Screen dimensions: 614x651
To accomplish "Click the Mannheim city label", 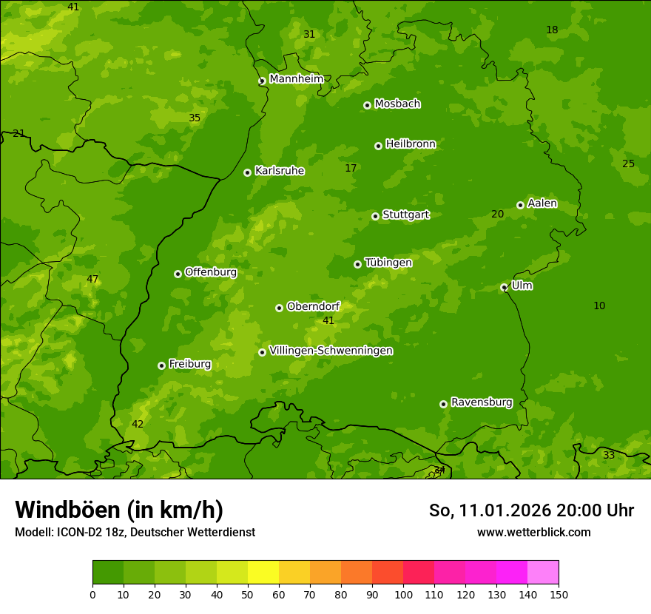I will tap(296, 79).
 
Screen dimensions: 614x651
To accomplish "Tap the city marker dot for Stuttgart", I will tap(375, 216).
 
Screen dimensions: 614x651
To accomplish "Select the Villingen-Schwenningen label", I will tap(331, 351).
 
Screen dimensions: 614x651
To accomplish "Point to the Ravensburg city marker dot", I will tap(443, 404).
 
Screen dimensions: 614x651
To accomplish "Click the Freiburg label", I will tap(189, 364).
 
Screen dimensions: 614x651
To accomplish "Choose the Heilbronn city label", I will tap(411, 144).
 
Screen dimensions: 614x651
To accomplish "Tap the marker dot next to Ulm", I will tap(504, 287).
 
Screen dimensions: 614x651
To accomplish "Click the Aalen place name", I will tap(542, 203).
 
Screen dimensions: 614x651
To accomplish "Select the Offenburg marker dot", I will tap(178, 274).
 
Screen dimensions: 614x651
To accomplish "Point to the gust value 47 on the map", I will tap(92, 280).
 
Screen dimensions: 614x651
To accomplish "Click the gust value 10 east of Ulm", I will tap(599, 306).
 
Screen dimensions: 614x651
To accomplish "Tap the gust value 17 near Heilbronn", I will tap(351, 169).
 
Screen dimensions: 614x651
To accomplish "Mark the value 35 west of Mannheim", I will tap(195, 118).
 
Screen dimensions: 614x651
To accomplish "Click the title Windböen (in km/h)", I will tap(119, 510).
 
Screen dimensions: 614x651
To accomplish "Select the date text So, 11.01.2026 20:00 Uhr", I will tap(531, 510).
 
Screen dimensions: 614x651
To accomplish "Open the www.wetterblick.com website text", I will tap(533, 533).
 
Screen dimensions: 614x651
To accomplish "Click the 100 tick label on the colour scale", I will tap(403, 594).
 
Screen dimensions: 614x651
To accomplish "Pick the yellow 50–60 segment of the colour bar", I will tap(263, 573).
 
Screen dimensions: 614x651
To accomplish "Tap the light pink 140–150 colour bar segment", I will tap(543, 573).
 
